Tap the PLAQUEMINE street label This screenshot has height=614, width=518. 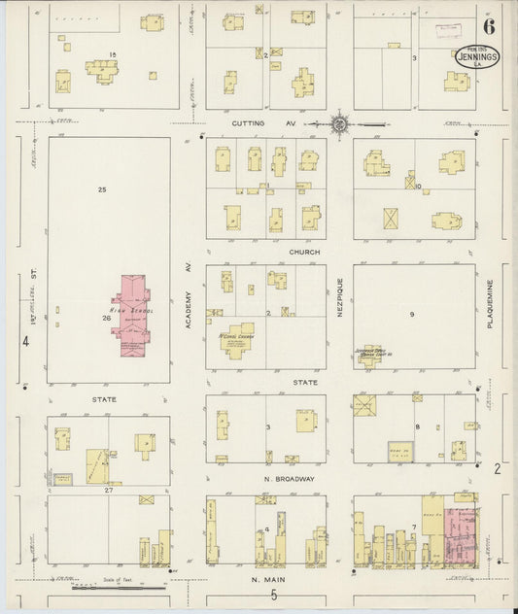pyautogui.click(x=492, y=309)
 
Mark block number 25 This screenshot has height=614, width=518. pyautogui.click(x=101, y=189)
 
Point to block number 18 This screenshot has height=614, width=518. pyautogui.click(x=113, y=54)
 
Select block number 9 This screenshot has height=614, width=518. pyautogui.click(x=412, y=314)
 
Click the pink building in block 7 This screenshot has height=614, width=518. pyautogui.click(x=461, y=537)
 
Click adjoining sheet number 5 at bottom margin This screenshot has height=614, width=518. pyautogui.click(x=275, y=595)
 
